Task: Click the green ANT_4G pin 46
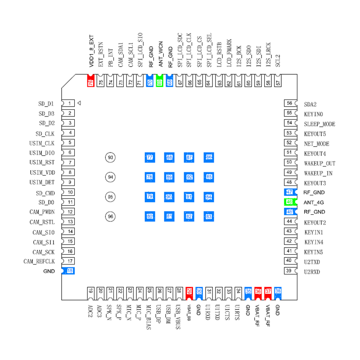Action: [x=289, y=202]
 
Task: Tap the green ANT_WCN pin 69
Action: [x=159, y=82]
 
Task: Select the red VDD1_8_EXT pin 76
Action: [x=90, y=82]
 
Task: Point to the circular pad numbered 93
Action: [x=111, y=157]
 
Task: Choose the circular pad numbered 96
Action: [x=111, y=216]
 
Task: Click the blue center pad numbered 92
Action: [x=189, y=177]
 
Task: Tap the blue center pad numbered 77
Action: [x=149, y=157]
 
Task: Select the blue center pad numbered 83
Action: [x=208, y=216]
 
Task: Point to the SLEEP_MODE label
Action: [x=319, y=124]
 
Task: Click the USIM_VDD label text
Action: [x=42, y=173]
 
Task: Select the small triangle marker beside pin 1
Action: [x=79, y=103]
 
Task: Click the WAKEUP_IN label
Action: [x=318, y=173]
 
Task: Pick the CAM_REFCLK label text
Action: [x=39, y=261]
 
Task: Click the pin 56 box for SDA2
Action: [x=289, y=103]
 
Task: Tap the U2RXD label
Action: [x=312, y=272]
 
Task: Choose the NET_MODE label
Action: [x=316, y=144]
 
